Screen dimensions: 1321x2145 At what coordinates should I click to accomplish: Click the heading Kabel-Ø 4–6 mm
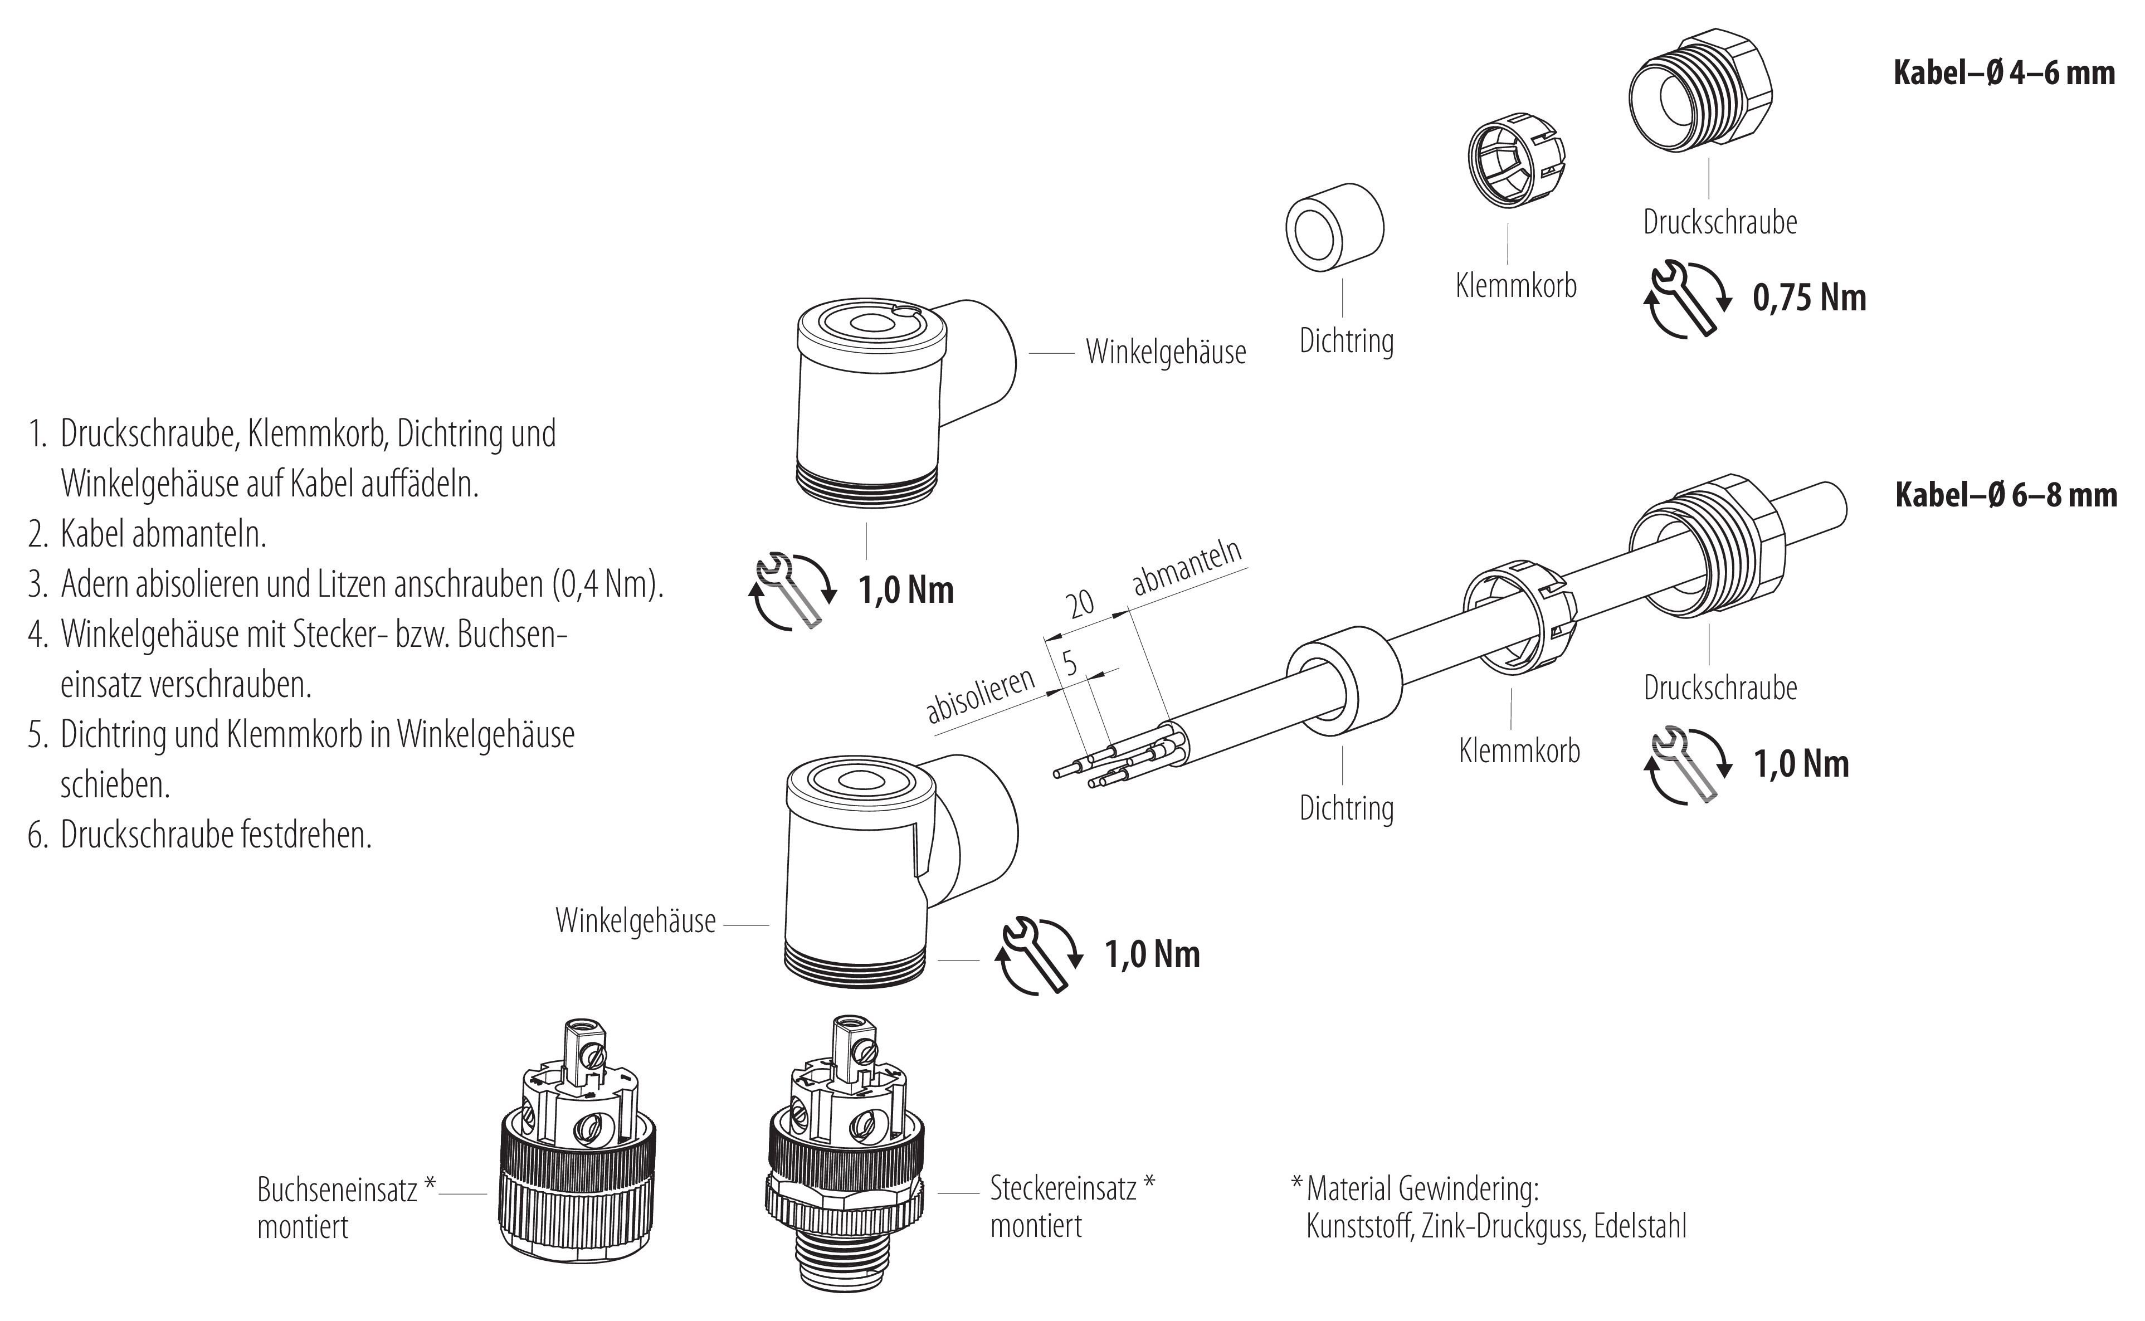(x=2003, y=72)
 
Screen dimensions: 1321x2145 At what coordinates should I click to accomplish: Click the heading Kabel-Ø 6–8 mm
(x=2005, y=495)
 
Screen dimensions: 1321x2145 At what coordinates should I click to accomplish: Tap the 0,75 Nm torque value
(x=1808, y=299)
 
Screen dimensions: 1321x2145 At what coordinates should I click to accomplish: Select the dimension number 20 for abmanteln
(x=1081, y=604)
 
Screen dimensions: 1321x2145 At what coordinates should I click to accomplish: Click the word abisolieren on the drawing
(x=981, y=696)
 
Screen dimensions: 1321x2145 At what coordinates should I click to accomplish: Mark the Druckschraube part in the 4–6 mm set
(x=1699, y=96)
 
